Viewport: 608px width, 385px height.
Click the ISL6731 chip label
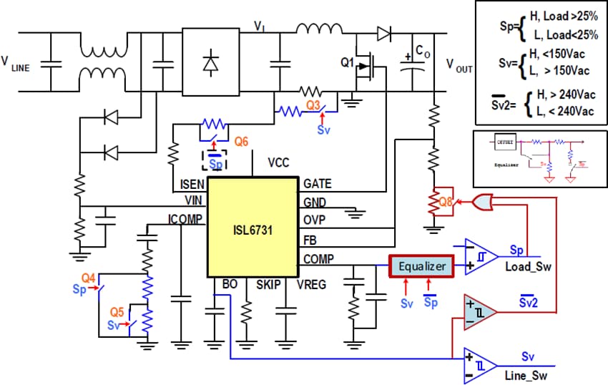tap(251, 232)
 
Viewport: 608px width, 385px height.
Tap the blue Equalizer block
tap(421, 266)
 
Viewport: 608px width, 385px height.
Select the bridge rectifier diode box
tap(210, 64)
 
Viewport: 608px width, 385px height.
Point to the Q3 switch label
tap(314, 104)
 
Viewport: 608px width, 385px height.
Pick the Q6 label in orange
tap(241, 142)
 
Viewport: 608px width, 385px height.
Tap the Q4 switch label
tap(88, 278)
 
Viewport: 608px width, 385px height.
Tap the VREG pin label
tap(312, 284)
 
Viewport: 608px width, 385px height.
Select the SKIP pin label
tap(271, 284)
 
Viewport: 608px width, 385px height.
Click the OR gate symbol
tap(484, 203)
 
